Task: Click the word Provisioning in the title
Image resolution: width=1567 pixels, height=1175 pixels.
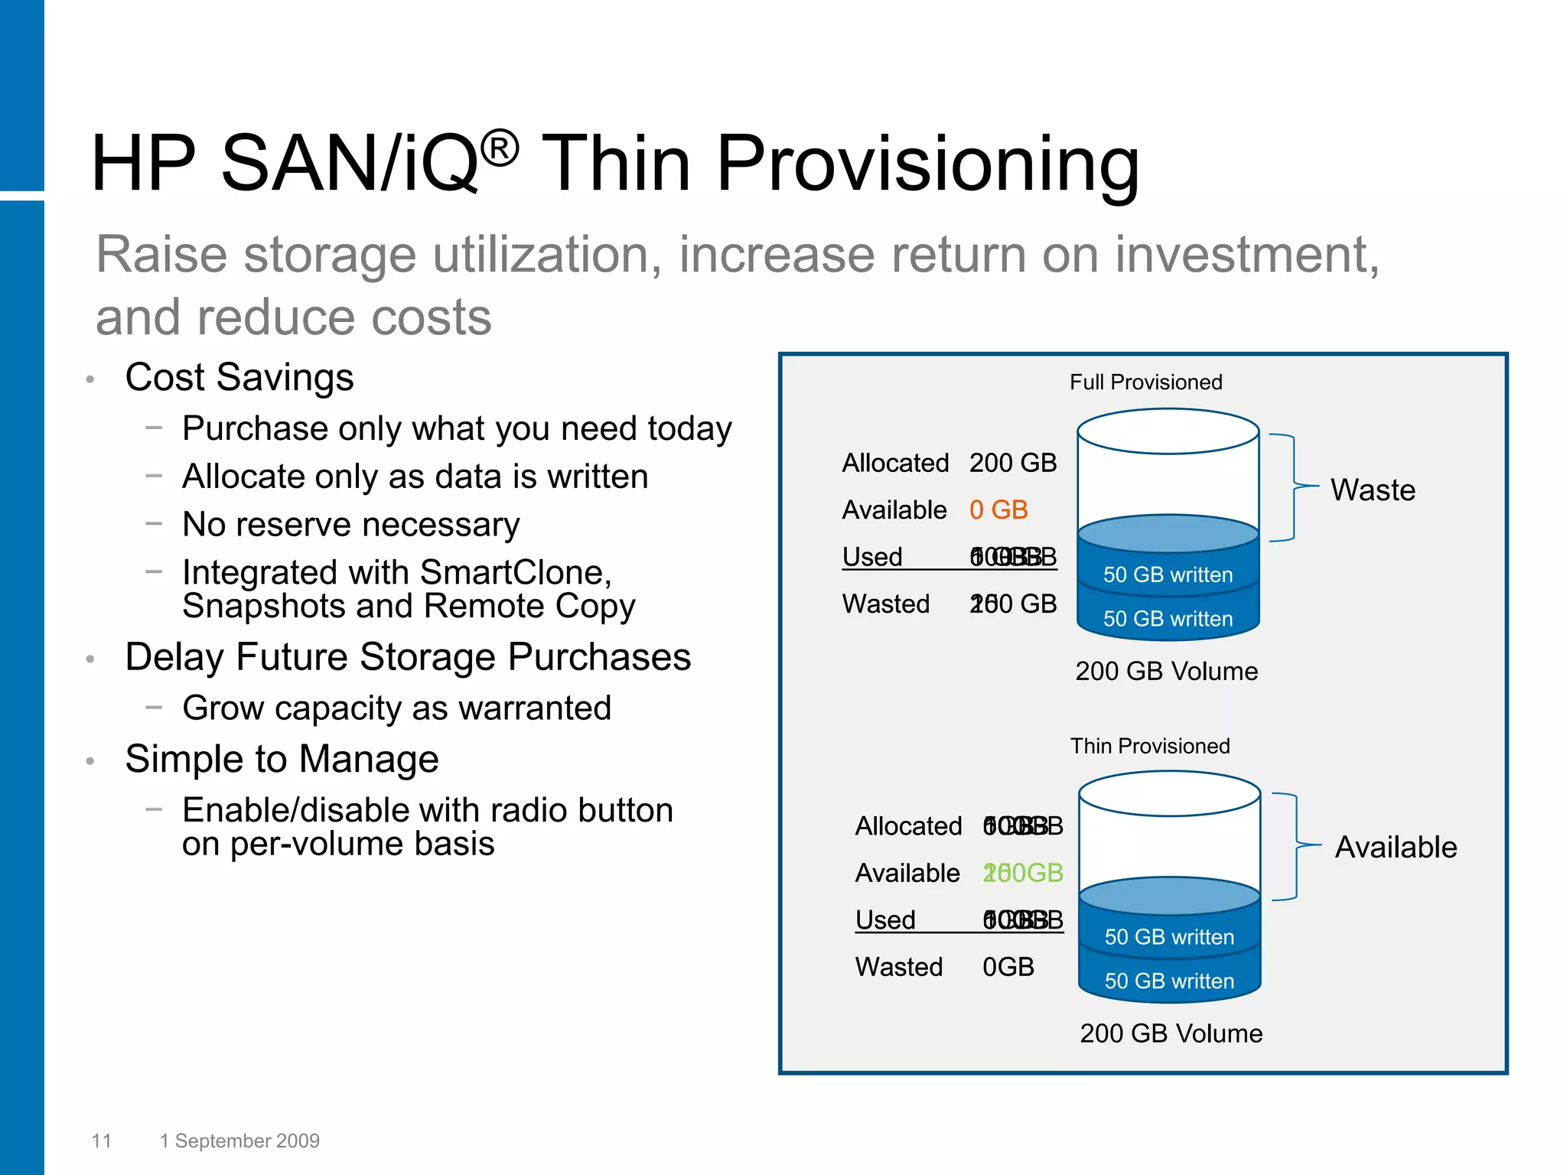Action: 927,164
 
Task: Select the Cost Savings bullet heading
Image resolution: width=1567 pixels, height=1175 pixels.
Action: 239,377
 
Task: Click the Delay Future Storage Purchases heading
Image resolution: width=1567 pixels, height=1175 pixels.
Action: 407,657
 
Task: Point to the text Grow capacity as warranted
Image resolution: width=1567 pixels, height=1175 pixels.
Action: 396,708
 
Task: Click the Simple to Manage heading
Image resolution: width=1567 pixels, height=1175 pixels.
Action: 282,760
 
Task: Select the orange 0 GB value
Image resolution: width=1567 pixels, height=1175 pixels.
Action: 998,510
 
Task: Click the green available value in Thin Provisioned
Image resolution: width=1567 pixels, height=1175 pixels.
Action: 1022,873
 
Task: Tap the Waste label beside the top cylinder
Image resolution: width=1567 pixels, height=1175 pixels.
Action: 1373,490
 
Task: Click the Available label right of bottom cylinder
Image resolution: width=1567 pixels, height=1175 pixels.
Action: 1396,848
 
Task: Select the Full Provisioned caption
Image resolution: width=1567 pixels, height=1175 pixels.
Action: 1145,382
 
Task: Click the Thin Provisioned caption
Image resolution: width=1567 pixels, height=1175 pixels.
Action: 1149,746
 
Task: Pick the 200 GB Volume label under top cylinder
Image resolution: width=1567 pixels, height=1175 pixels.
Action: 1166,672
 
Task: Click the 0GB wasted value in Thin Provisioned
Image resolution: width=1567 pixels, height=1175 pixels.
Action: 1008,967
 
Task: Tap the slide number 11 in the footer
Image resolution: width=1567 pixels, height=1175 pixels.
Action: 102,1141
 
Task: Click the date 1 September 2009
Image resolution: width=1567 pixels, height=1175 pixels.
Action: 239,1141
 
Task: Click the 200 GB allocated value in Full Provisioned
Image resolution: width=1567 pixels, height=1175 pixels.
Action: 1012,464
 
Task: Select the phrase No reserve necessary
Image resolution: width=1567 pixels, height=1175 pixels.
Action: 350,526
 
